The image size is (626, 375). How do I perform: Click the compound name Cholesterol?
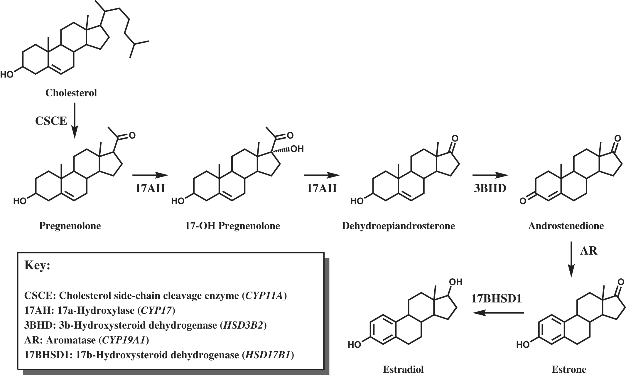pos(71,93)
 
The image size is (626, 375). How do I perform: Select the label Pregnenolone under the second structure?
pos(70,226)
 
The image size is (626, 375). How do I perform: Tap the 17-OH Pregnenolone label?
pos(232,226)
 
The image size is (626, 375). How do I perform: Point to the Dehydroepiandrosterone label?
pos(398,226)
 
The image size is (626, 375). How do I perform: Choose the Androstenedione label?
pos(566,226)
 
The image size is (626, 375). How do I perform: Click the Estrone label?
pos(569,369)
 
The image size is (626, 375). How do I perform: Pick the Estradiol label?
pos(403,369)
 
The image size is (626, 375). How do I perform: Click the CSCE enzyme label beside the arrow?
pos(51,121)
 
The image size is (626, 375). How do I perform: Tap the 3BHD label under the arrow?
pos(490,188)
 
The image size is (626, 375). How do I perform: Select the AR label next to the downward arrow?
pos(589,251)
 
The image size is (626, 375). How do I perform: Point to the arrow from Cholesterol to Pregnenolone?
pos(75,120)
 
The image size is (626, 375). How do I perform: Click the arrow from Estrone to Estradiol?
pos(499,313)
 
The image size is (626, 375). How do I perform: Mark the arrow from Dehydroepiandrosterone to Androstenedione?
pos(490,175)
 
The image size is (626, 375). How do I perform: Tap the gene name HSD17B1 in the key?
pos(268,355)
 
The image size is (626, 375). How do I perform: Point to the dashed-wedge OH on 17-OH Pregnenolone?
pos(297,149)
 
